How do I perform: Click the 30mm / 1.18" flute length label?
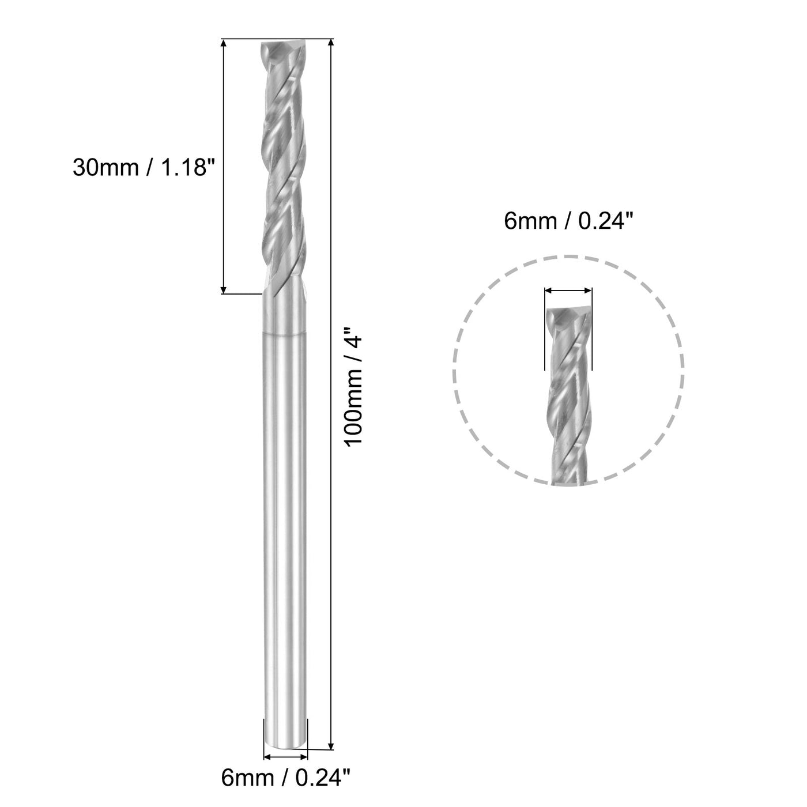pyautogui.click(x=144, y=168)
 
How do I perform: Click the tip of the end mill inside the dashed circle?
pyautogui.click(x=568, y=314)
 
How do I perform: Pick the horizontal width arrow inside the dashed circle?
pyautogui.click(x=568, y=291)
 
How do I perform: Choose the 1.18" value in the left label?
pyautogui.click(x=184, y=168)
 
